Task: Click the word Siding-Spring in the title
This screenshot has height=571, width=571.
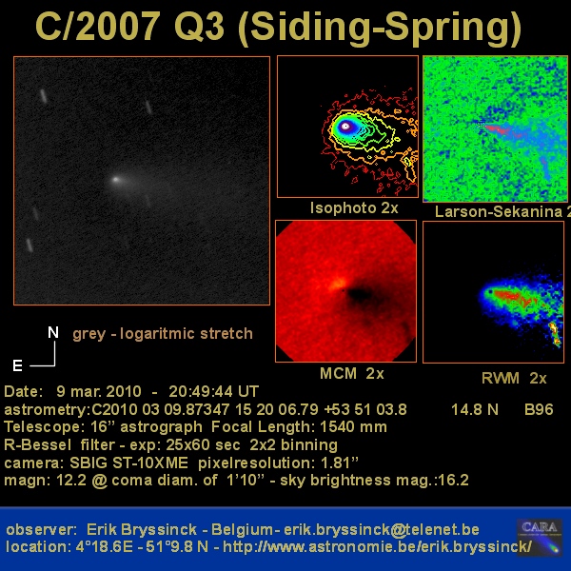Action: click(380, 28)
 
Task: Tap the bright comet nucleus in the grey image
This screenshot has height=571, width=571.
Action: click(116, 179)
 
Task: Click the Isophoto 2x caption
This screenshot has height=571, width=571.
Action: click(354, 207)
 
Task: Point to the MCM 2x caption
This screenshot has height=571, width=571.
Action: click(352, 374)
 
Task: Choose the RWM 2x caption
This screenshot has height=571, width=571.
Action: click(514, 379)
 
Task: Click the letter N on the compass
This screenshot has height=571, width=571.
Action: click(53, 332)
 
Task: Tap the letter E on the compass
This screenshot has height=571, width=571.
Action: click(17, 365)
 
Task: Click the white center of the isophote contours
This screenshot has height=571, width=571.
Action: click(345, 127)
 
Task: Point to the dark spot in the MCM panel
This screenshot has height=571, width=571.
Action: click(360, 294)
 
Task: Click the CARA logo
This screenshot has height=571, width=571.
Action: click(540, 537)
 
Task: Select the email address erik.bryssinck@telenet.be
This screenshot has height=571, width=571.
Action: click(382, 529)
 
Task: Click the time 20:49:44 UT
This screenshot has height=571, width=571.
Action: click(213, 391)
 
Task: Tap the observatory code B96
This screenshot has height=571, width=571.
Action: click(539, 409)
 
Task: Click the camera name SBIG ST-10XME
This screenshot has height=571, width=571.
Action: click(128, 463)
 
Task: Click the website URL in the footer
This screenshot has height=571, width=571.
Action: click(377, 546)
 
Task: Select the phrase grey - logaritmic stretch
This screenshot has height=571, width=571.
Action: click(163, 334)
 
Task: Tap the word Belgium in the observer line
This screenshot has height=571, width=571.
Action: click(242, 529)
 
